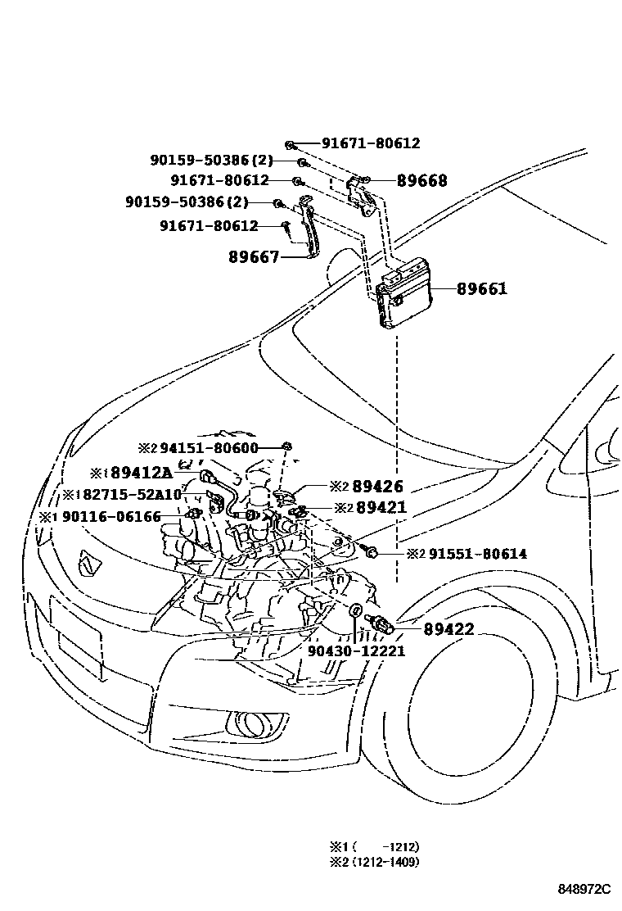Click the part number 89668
(421, 181)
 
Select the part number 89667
(254, 257)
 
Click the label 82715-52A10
(130, 495)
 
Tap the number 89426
(377, 487)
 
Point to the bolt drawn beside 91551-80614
(369, 554)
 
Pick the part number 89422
(448, 629)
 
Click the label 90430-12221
(356, 650)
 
